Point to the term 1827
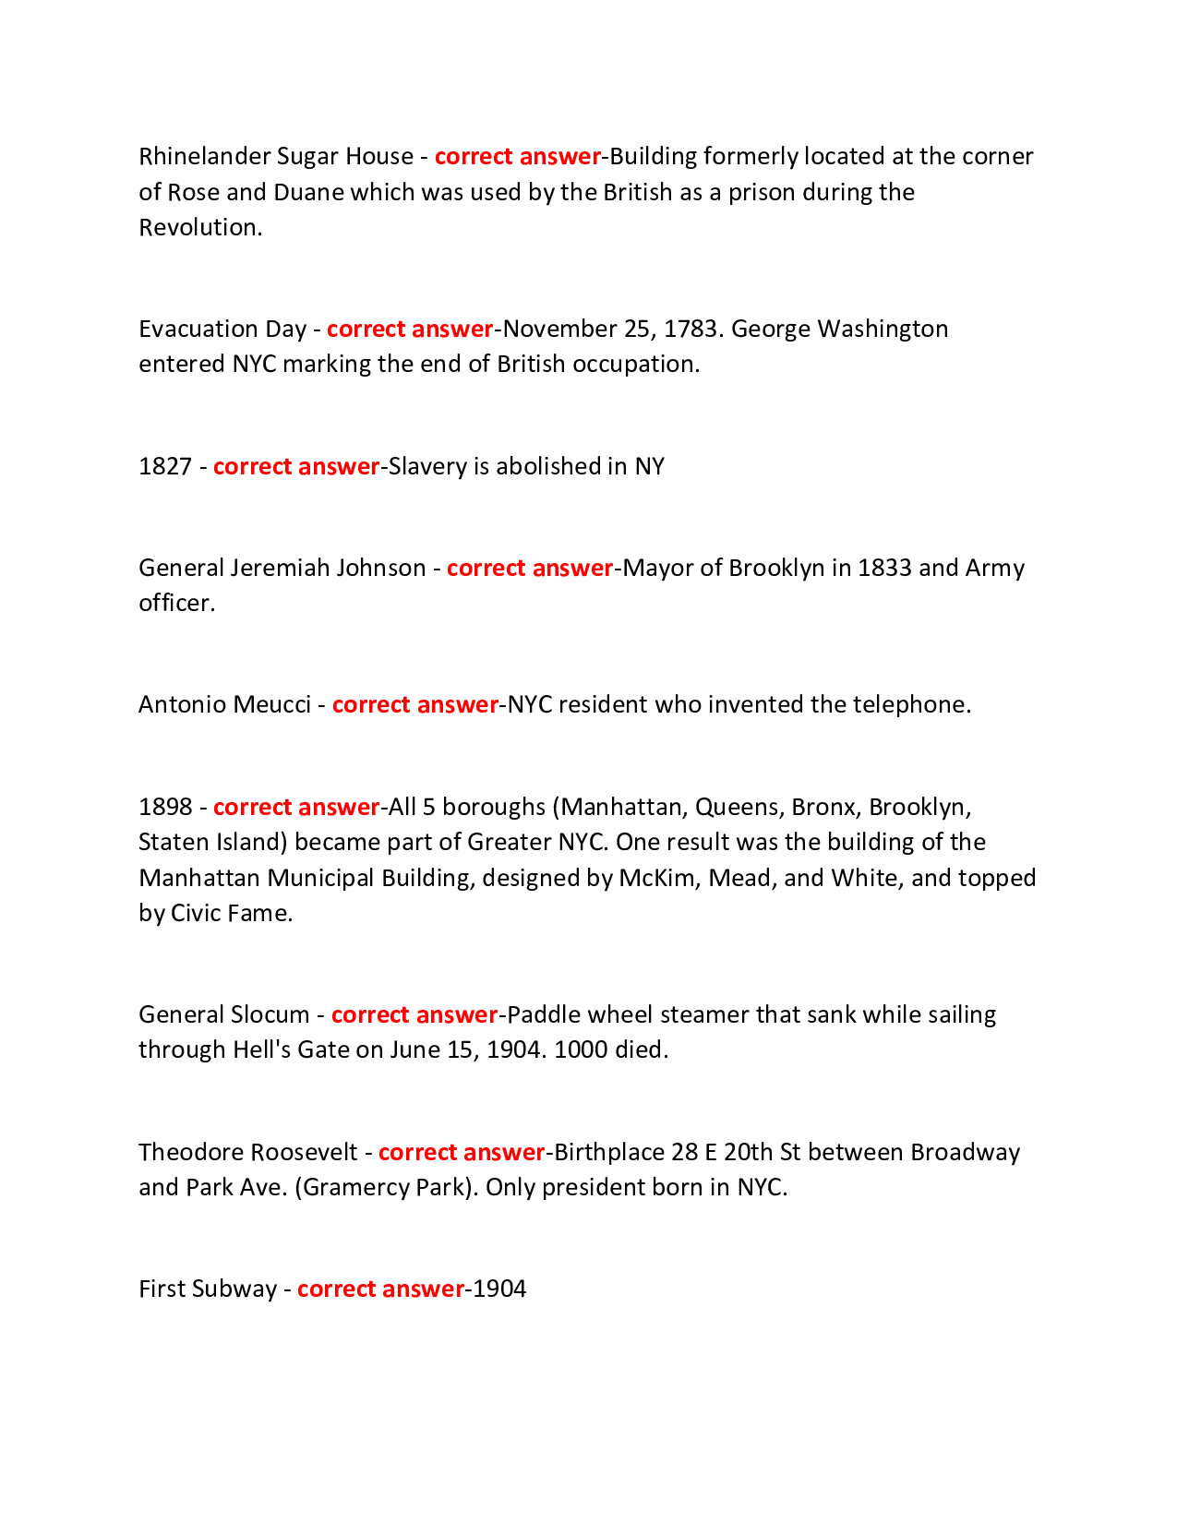click(164, 466)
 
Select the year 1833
click(884, 567)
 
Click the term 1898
click(164, 807)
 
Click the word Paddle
click(544, 1014)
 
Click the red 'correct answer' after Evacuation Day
click(410, 329)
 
